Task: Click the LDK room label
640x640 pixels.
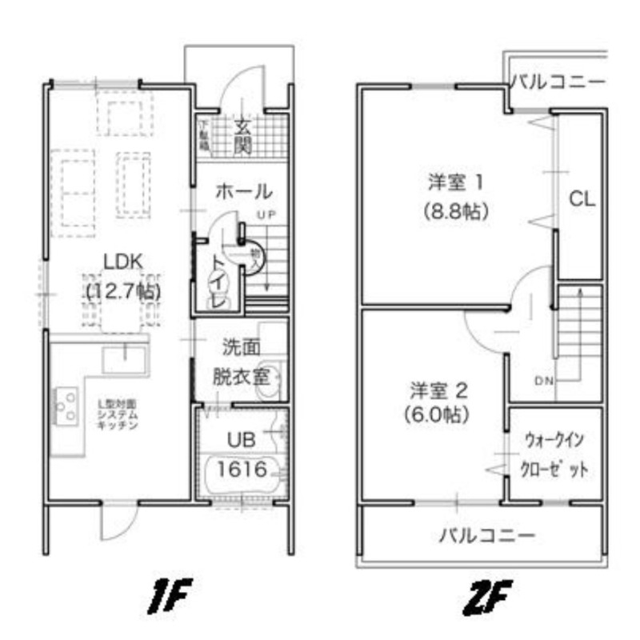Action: [x=122, y=261]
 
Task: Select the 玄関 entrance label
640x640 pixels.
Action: [x=243, y=136]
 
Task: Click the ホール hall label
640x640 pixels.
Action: [x=244, y=192]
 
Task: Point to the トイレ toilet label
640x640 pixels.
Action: [x=218, y=282]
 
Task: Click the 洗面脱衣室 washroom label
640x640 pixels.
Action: [x=244, y=362]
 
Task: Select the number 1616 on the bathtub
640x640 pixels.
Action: [x=241, y=469]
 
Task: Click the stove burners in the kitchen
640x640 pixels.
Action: [x=66, y=405]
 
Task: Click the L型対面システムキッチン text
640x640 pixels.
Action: [x=117, y=414]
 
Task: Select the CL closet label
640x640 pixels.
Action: [x=582, y=199]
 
